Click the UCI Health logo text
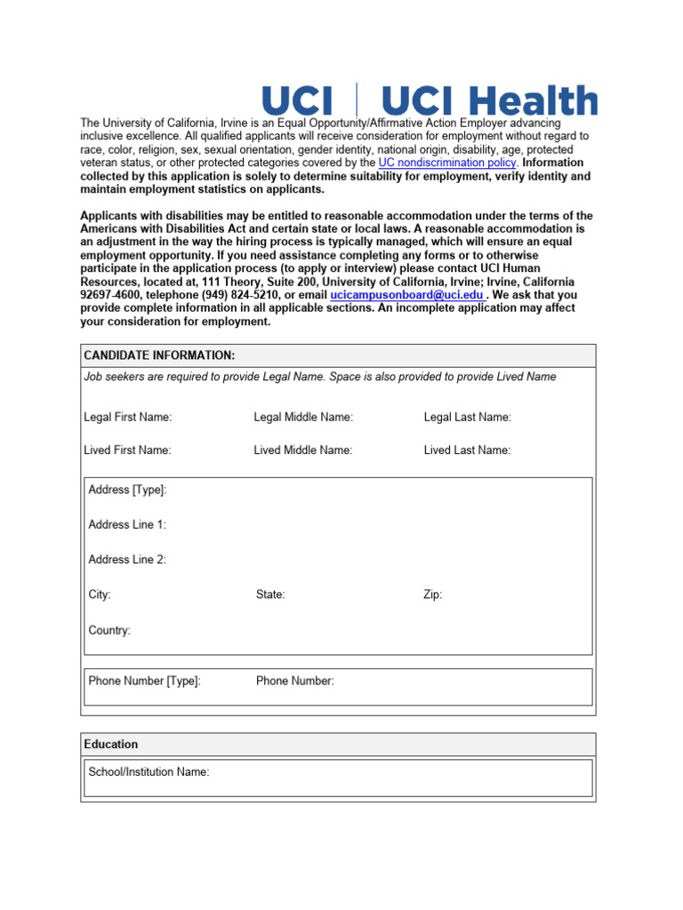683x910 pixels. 489,100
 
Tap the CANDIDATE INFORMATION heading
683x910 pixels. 159,355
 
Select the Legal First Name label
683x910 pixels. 127,417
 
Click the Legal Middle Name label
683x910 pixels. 303,417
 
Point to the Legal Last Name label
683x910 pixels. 468,417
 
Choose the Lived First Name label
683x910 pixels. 127,451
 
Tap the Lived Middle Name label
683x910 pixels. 303,451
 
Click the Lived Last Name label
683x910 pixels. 468,451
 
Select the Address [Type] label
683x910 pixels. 127,490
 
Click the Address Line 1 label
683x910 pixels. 127,524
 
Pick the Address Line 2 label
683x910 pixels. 127,560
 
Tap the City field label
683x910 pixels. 100,595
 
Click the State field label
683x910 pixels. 270,595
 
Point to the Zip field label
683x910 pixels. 432,595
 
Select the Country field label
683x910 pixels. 109,630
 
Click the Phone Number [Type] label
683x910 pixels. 144,681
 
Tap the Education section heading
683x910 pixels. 111,744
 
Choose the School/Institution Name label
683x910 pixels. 149,771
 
